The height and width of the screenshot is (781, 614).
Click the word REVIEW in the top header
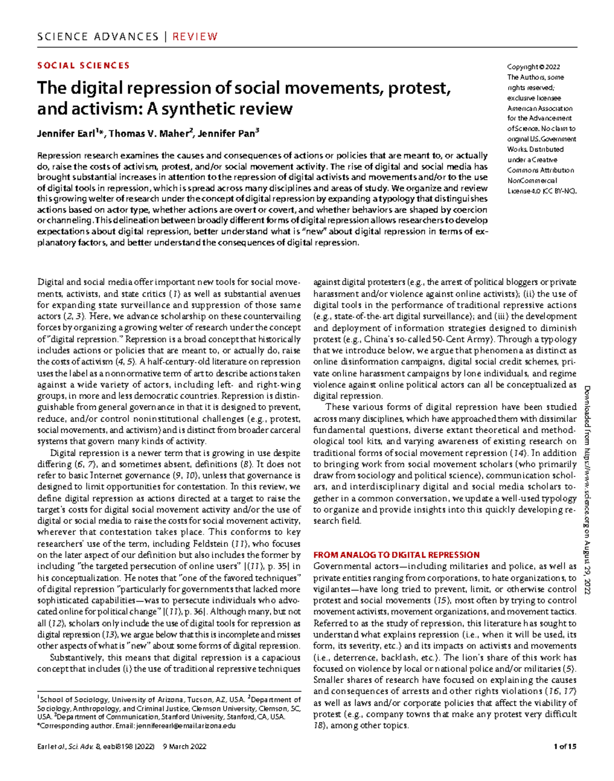(195, 37)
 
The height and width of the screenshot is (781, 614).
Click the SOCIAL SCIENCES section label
(83, 65)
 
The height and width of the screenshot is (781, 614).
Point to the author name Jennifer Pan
(227, 134)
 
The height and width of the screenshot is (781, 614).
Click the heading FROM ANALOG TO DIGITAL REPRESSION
(396, 554)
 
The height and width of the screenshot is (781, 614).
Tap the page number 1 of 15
(565, 746)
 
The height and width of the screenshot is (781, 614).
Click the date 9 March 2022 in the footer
(184, 746)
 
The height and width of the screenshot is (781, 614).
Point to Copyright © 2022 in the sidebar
(533, 67)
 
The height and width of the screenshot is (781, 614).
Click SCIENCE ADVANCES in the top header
(98, 37)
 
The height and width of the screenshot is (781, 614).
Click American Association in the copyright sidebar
(539, 108)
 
